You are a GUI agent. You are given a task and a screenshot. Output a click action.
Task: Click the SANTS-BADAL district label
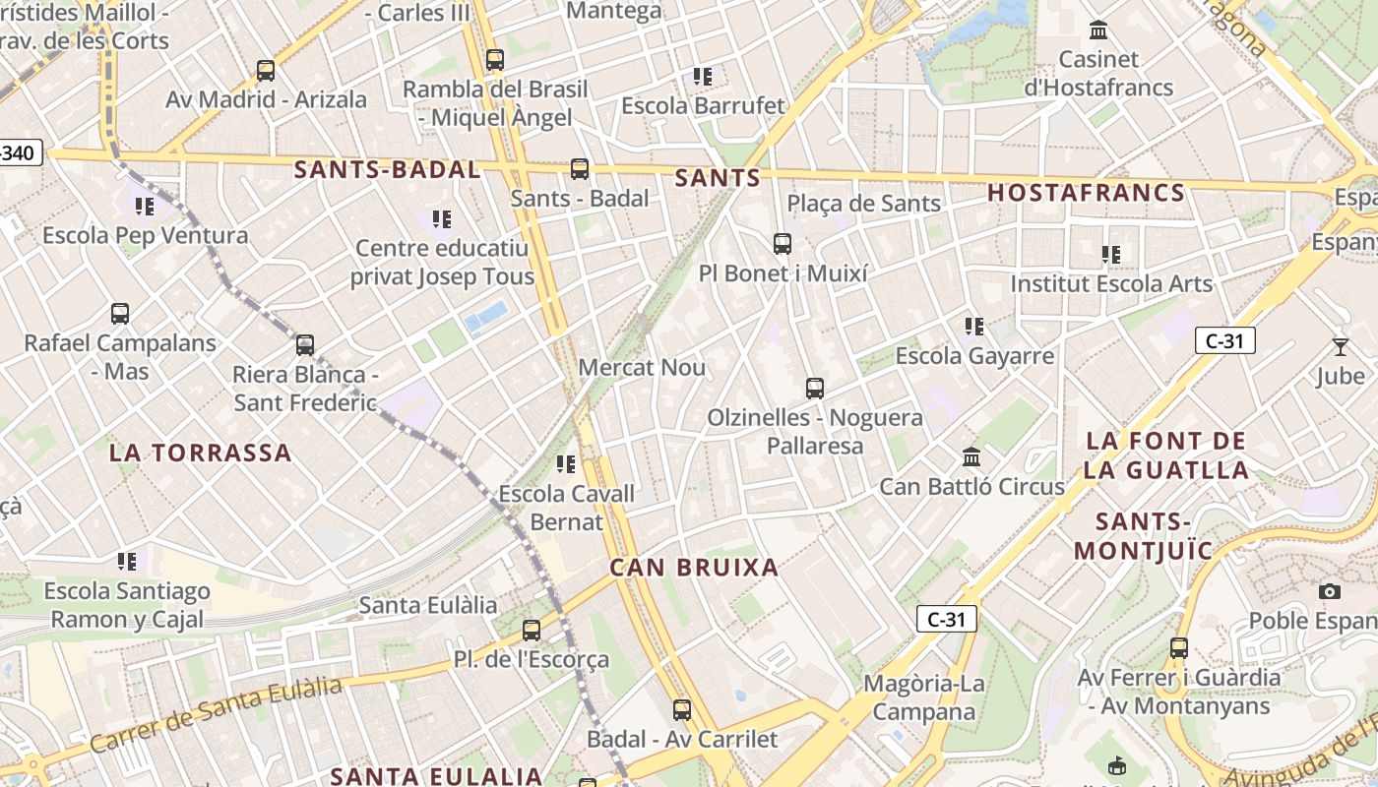pyautogui.click(x=387, y=169)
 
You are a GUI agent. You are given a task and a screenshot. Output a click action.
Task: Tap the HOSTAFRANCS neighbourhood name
pyautogui.click(x=1086, y=193)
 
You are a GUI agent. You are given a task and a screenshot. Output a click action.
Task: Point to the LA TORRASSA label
pyautogui.click(x=200, y=453)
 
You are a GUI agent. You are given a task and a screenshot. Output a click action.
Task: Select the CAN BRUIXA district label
pyautogui.click(x=694, y=568)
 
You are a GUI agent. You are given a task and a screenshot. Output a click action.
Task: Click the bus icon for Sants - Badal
pyautogui.click(x=580, y=169)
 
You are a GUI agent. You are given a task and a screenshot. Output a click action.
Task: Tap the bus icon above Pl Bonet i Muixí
pyautogui.click(x=783, y=244)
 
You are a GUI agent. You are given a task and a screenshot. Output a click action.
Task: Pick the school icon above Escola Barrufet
pyautogui.click(x=703, y=76)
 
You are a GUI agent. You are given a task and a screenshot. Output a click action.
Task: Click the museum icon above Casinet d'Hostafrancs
pyautogui.click(x=1098, y=30)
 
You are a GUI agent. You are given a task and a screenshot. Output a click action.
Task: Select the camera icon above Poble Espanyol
pyautogui.click(x=1330, y=591)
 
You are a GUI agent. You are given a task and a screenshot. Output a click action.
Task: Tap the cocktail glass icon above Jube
pyautogui.click(x=1340, y=346)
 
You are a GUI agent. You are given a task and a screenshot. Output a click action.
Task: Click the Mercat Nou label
pyautogui.click(x=642, y=368)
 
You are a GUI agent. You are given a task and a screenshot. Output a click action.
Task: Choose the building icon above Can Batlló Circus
pyautogui.click(x=971, y=457)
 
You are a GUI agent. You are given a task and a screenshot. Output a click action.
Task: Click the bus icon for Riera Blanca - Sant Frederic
pyautogui.click(x=305, y=345)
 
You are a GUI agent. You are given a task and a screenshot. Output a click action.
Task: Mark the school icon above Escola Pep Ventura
pyautogui.click(x=145, y=207)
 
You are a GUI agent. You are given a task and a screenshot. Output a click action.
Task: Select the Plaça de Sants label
pyautogui.click(x=863, y=205)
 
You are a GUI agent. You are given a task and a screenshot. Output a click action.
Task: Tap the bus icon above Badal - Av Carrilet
pyautogui.click(x=682, y=710)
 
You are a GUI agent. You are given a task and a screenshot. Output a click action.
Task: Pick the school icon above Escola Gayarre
pyautogui.click(x=974, y=326)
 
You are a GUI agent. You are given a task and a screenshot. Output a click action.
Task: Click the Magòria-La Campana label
pyautogui.click(x=923, y=697)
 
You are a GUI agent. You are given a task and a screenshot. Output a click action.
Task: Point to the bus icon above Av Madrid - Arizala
pyautogui.click(x=266, y=71)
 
